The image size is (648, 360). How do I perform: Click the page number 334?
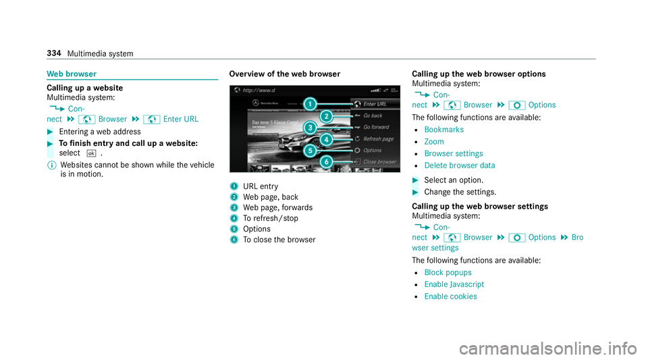(x=54, y=53)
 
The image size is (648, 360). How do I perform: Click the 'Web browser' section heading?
(x=72, y=74)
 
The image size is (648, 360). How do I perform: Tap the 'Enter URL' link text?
(x=181, y=119)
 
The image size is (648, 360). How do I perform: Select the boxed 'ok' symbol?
(x=91, y=153)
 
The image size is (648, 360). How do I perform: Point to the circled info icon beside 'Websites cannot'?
(x=52, y=165)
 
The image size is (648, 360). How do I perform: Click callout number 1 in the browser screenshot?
(x=310, y=104)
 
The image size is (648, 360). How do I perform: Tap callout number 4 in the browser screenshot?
(x=327, y=139)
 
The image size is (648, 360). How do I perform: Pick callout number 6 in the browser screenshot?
(x=327, y=161)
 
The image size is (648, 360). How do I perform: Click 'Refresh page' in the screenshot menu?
(x=378, y=139)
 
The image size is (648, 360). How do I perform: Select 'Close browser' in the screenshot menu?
(x=380, y=161)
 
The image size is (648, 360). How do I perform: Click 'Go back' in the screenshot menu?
(x=373, y=115)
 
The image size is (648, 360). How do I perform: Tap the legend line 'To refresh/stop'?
(x=271, y=218)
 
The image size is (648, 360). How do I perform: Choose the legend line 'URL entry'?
(x=261, y=186)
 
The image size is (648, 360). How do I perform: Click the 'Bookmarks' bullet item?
(x=444, y=130)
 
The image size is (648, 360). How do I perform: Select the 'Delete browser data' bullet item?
(x=460, y=165)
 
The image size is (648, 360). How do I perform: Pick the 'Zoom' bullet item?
(x=434, y=142)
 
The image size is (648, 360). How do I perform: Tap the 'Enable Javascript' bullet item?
(x=454, y=284)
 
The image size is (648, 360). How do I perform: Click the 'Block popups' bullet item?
(x=448, y=273)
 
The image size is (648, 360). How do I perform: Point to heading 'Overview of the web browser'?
(x=285, y=74)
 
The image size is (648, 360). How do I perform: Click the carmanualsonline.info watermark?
(x=547, y=349)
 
